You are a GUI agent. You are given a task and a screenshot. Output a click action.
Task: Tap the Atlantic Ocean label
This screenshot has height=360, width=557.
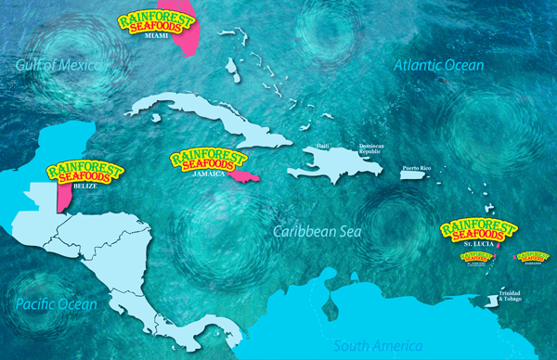click(x=438, y=65)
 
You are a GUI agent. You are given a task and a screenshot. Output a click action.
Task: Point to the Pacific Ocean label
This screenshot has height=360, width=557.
click(x=56, y=304)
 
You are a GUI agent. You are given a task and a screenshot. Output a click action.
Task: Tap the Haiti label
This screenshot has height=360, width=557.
click(x=323, y=147)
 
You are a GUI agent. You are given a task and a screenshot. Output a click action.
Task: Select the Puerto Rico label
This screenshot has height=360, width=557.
click(x=416, y=168)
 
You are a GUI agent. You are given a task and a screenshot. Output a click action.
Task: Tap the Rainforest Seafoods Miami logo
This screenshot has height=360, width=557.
click(x=156, y=28)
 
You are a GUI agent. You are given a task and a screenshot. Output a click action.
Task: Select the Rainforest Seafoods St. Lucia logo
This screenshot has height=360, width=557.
click(x=473, y=231)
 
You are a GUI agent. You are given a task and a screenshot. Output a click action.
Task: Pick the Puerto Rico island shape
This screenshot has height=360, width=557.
click(x=414, y=178)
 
